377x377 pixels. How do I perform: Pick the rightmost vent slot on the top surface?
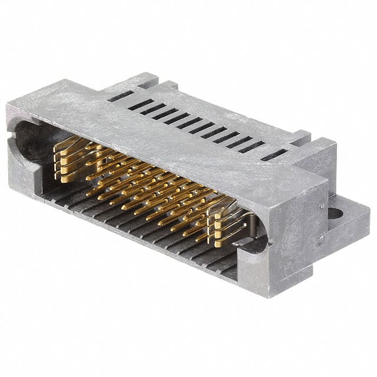[275, 155]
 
